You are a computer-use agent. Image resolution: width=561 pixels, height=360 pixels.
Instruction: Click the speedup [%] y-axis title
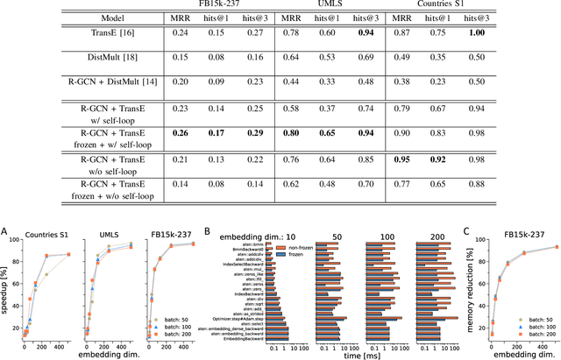(x=6, y=277)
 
